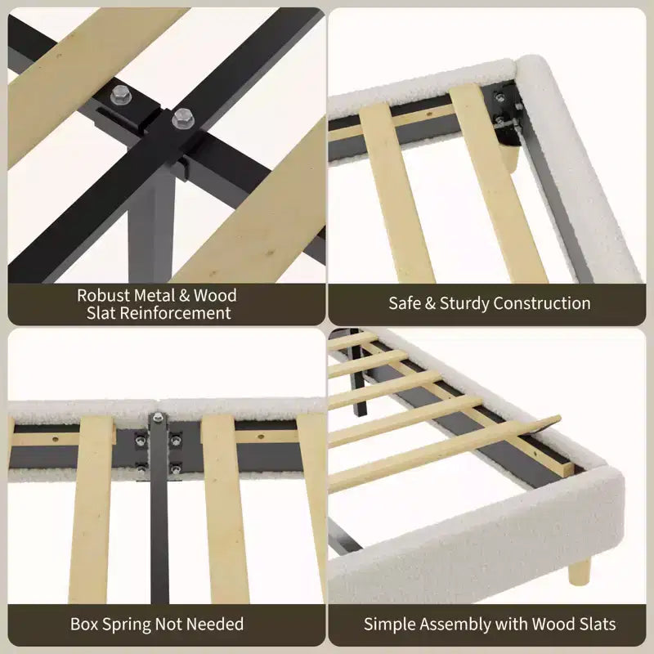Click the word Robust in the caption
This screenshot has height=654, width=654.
click(104, 295)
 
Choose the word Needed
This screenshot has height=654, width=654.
click(215, 625)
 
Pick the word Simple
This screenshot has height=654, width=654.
click(390, 625)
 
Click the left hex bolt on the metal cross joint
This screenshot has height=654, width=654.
click(121, 95)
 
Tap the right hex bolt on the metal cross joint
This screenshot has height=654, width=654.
click(182, 118)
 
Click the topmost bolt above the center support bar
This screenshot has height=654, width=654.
click(158, 417)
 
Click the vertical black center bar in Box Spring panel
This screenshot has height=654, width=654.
click(159, 508)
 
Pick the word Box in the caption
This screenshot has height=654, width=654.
click(85, 625)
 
